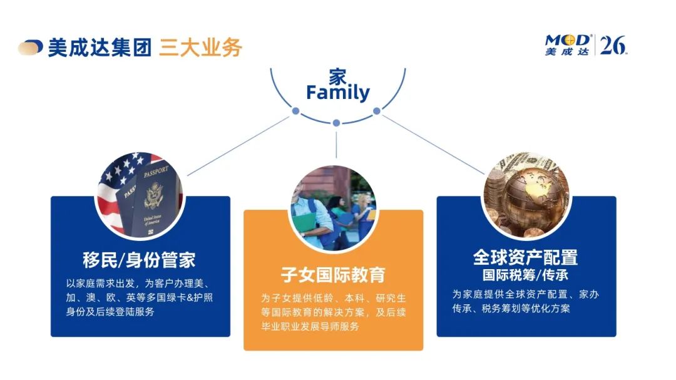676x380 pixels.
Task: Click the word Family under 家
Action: [337, 93]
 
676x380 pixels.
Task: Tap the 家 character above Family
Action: [337, 77]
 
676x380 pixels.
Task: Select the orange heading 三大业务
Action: [200, 47]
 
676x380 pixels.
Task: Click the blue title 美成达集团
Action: [100, 47]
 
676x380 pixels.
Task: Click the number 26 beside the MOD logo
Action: [613, 44]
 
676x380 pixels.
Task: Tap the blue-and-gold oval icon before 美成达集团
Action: [30, 47]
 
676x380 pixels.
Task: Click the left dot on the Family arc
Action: [295, 111]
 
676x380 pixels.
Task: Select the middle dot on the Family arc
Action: [336, 123]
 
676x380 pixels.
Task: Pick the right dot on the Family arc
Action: [376, 111]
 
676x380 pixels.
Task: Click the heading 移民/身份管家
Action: [139, 260]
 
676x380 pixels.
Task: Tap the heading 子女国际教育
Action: [333, 274]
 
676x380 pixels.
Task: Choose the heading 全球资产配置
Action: [525, 257]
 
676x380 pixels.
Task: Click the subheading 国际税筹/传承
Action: [525, 275]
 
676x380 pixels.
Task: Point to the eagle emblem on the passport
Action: [153, 195]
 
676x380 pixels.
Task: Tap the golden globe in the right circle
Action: [534, 197]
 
